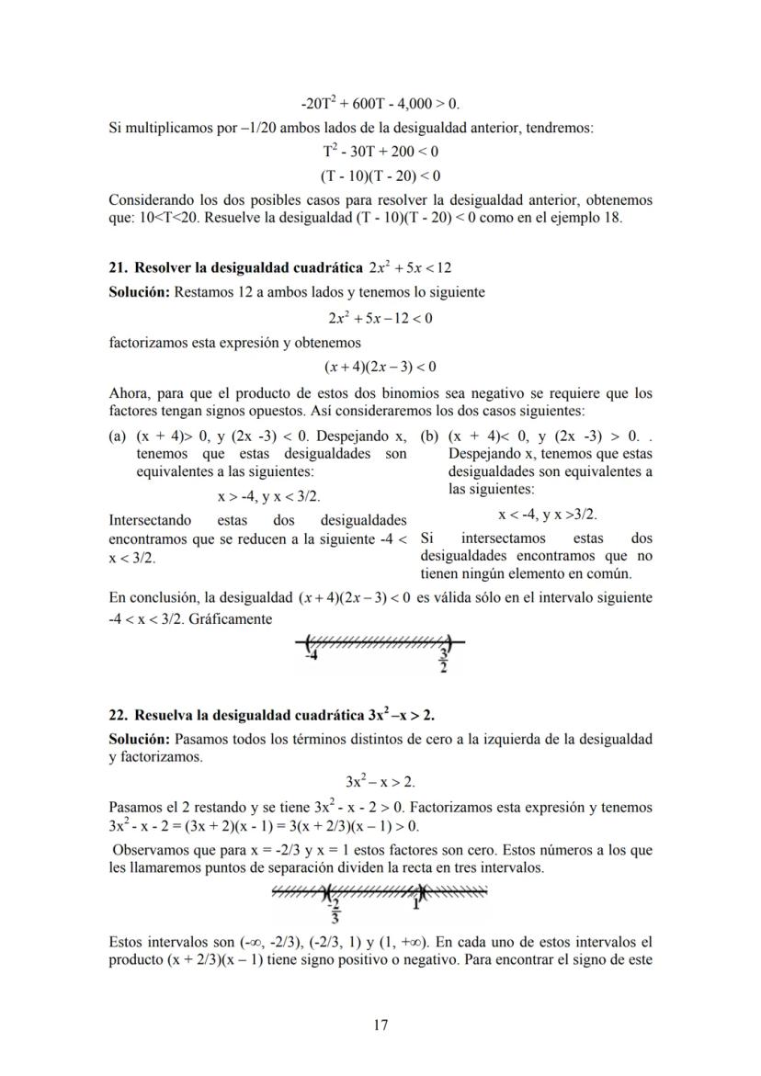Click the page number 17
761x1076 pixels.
pos(380,1025)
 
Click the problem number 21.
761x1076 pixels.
pos(117,267)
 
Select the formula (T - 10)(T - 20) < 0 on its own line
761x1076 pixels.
pos(380,175)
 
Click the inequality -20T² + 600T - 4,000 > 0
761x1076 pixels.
pos(380,105)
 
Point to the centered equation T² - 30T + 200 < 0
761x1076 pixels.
pos(380,151)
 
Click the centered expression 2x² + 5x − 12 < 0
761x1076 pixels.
pos(380,319)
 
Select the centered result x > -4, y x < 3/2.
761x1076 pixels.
pos(269,496)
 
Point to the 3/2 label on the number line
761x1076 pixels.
pos(444,659)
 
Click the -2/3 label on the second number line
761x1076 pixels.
pos(335,911)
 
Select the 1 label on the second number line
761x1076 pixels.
pos(416,904)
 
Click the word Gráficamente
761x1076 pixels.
pos(228,619)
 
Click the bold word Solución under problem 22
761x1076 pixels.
pos(139,739)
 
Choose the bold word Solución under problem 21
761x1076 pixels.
pos(139,292)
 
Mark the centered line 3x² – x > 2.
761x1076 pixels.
pos(380,783)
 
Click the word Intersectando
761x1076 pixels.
pos(150,522)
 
